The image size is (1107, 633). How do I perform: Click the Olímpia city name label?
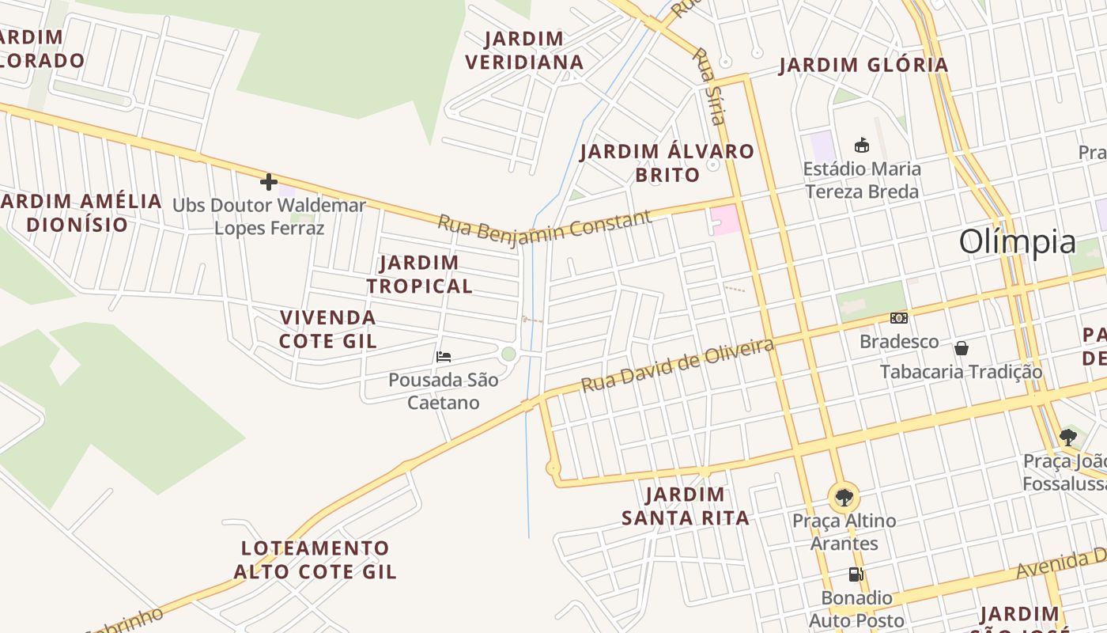[x=1017, y=242]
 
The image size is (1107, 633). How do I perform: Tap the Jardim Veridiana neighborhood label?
[x=524, y=50]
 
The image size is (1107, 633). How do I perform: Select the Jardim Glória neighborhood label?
[x=863, y=65]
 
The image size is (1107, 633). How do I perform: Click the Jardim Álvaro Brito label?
[x=667, y=163]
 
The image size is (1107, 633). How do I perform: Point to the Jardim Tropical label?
[x=419, y=274]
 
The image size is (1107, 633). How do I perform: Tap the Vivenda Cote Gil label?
[x=328, y=329]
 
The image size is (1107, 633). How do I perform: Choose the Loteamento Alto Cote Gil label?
[x=315, y=559]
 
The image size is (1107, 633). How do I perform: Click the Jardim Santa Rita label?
[x=685, y=506]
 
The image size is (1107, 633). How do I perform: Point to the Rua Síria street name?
[x=708, y=86]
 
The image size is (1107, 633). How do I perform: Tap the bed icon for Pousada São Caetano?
[x=444, y=357]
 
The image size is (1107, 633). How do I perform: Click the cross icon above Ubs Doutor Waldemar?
[x=269, y=182]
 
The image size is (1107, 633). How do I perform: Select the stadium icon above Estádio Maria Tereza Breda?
[x=862, y=145]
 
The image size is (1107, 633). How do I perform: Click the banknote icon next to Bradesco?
[x=898, y=318]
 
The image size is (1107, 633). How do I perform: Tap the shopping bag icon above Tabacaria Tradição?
[x=962, y=348]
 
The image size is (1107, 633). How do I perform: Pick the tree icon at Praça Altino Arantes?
[x=844, y=498]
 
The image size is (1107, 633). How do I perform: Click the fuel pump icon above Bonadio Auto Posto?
[x=856, y=574]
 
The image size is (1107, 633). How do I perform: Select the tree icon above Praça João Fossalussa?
[x=1067, y=437]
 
